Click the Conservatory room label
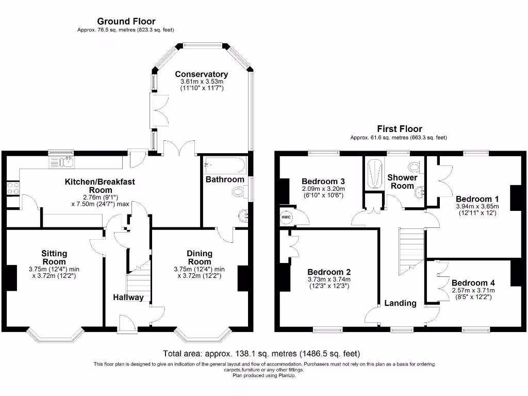point(201,74)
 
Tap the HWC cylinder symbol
point(286,218)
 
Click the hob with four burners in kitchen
point(13,188)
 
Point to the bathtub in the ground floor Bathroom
point(224,165)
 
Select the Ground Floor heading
point(126,21)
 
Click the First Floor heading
point(399,129)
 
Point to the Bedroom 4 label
point(473,283)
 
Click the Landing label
point(400,303)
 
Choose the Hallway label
point(129,298)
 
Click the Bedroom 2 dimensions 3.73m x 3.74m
point(329,279)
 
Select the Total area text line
point(261,354)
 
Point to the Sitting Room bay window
point(55,336)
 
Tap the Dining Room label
point(200,257)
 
